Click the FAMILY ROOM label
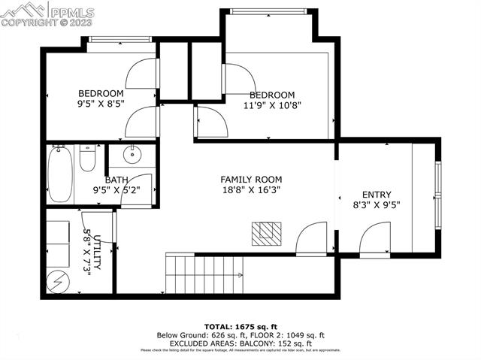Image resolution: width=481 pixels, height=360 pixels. (x=251, y=179)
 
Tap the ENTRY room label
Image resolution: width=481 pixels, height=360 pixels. (x=377, y=194)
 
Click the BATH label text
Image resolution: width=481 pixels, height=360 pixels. (x=116, y=180)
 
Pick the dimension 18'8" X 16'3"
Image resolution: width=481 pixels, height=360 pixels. (x=251, y=191)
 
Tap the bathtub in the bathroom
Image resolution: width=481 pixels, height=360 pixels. (x=60, y=174)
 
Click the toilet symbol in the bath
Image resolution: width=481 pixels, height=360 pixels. (x=87, y=159)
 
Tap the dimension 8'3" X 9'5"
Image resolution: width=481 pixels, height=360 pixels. (x=377, y=204)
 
